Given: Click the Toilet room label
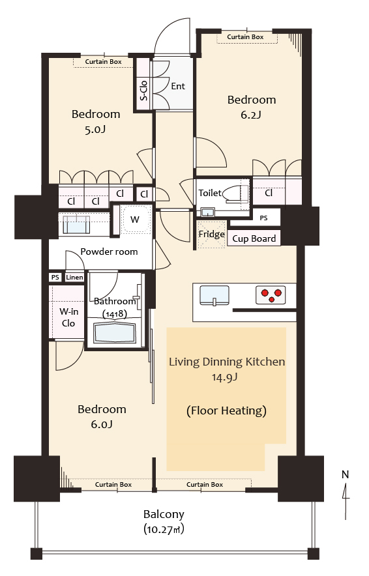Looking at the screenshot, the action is (210, 193).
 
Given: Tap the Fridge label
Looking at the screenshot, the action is (212, 234).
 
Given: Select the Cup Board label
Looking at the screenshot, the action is (254, 238).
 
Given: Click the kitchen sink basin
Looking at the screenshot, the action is (214, 295).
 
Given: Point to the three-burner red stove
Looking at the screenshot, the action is (271, 295).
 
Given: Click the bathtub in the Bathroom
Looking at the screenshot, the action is (114, 332).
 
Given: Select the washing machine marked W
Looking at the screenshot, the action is (135, 220).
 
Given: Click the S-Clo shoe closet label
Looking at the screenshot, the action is (143, 91).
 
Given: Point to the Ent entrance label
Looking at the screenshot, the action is (178, 86).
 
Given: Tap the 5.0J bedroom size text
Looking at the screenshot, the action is (95, 129).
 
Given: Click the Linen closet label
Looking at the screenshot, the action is (74, 278).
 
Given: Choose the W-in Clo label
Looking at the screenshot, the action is (68, 317).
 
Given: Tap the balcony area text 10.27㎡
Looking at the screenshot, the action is (164, 530).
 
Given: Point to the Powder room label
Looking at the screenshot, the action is (109, 252).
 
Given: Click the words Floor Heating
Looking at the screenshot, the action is (226, 410).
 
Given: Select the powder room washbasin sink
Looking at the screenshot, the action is (76, 225).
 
